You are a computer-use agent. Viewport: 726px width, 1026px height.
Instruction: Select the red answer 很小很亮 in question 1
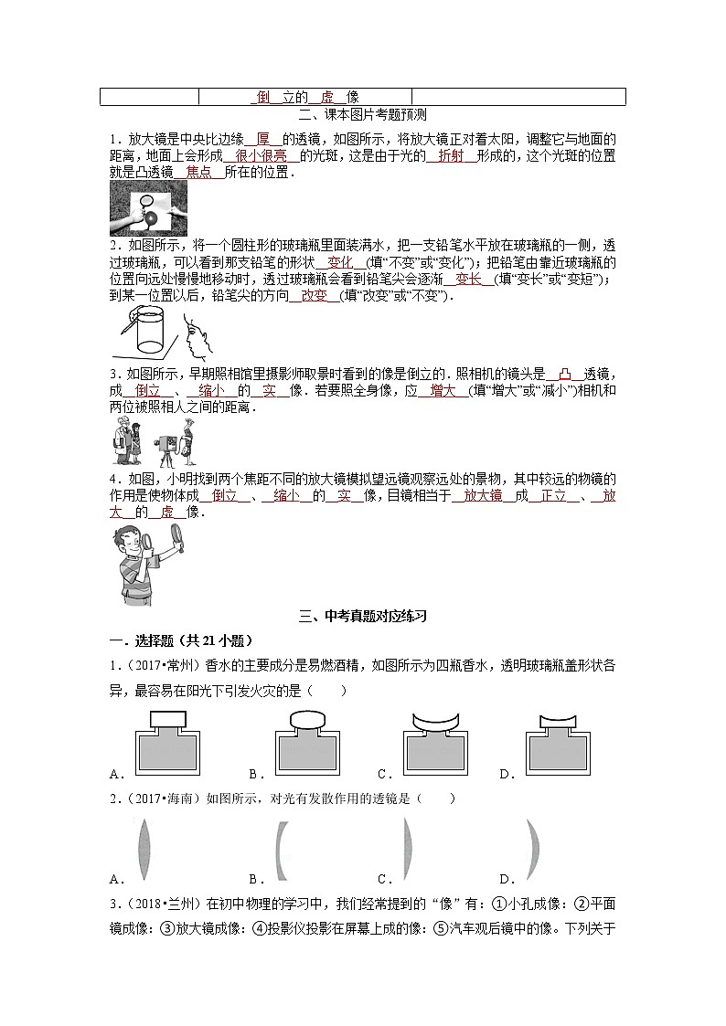click(x=262, y=156)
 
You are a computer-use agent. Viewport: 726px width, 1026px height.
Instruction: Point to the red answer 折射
click(x=451, y=156)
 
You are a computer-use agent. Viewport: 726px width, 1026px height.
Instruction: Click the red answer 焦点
click(x=198, y=172)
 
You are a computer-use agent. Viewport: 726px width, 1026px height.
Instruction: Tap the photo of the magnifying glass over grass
click(x=148, y=207)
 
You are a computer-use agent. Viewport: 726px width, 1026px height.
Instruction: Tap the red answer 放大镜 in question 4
click(x=483, y=495)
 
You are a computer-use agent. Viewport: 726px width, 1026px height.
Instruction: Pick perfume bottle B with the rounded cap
click(x=305, y=745)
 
